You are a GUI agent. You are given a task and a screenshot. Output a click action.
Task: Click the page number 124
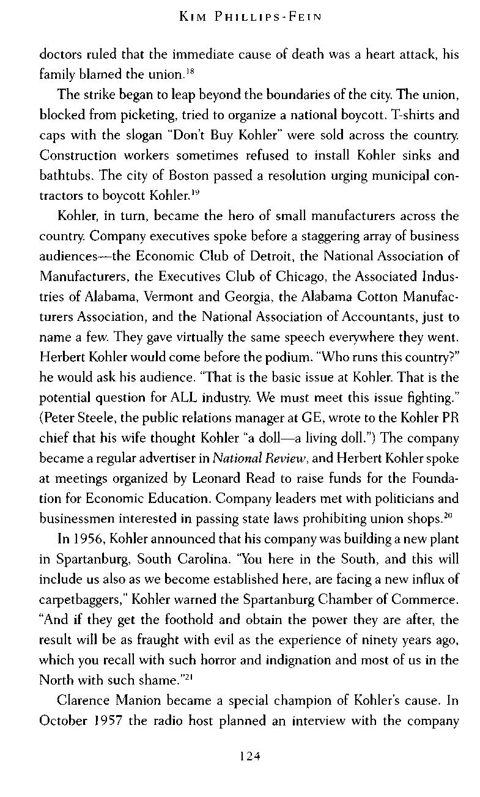(x=250, y=756)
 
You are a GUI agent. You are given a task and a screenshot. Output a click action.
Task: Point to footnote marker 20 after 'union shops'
(x=447, y=516)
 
